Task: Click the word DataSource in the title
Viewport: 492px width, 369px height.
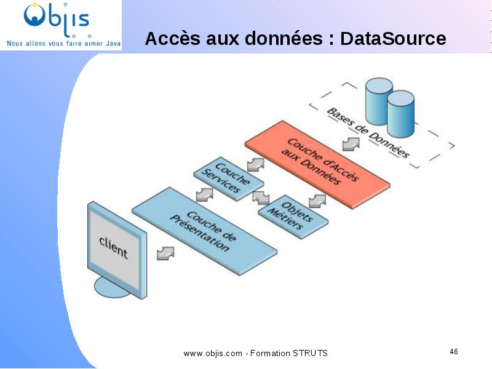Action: tap(393, 39)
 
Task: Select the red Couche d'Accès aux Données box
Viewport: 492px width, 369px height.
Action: tap(317, 164)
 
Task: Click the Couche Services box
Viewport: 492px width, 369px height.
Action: tap(228, 178)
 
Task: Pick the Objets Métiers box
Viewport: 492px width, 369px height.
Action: tap(293, 216)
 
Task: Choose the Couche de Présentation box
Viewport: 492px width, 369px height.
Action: tap(205, 231)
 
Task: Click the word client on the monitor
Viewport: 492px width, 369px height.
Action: tap(113, 247)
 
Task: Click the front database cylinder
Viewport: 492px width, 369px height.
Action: tap(401, 114)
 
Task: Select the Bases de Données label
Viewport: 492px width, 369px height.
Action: tap(368, 133)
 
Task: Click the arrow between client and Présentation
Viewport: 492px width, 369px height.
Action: tap(165, 253)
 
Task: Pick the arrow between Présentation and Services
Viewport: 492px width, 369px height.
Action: tap(205, 194)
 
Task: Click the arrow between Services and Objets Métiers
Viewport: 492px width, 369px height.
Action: tap(261, 197)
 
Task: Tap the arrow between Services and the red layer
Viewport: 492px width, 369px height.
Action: tap(256, 165)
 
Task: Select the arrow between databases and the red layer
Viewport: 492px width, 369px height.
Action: tap(351, 144)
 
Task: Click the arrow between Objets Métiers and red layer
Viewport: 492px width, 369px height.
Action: tap(317, 201)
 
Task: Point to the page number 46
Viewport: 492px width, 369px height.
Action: tap(454, 351)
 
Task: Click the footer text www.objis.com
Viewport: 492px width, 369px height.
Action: tap(213, 353)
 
